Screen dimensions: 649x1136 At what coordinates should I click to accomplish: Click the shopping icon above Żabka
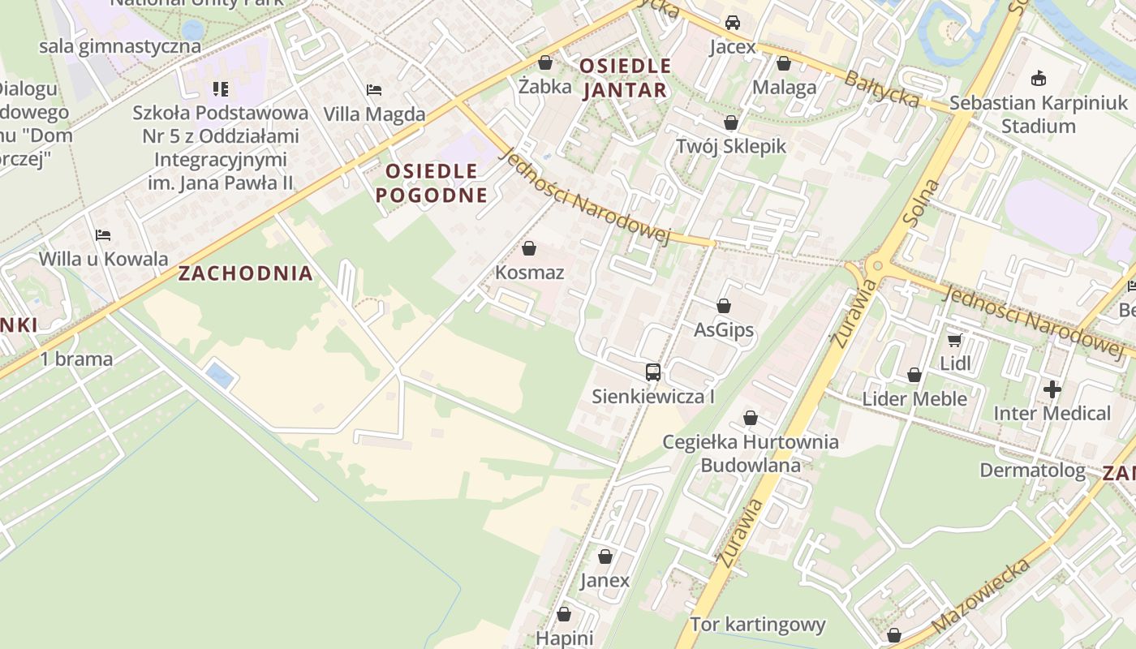(x=545, y=62)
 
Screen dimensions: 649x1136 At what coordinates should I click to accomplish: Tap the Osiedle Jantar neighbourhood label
(x=625, y=78)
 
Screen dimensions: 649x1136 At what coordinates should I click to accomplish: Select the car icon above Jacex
(x=733, y=23)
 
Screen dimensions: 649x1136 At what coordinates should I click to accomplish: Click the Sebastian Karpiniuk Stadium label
(x=1039, y=114)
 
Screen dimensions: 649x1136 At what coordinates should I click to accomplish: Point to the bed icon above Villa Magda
(x=374, y=89)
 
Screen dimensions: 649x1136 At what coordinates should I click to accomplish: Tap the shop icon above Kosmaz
(x=529, y=248)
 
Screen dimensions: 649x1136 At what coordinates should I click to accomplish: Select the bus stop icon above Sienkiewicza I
(x=653, y=372)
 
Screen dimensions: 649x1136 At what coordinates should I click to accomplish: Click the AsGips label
(x=724, y=330)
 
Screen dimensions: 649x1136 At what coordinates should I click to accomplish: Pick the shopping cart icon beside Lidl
(x=955, y=340)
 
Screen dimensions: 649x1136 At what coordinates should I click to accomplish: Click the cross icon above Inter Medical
(x=1052, y=389)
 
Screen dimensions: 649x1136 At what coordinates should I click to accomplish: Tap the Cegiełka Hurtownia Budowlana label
(x=751, y=453)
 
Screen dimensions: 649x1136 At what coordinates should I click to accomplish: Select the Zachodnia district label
(x=246, y=273)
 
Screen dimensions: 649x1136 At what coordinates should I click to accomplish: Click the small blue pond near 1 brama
(x=218, y=376)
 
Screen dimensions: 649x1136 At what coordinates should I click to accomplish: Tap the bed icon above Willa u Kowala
(x=103, y=235)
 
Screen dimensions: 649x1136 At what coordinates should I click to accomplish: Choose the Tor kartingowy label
(x=758, y=625)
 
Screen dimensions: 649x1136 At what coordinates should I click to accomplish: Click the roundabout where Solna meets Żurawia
(x=876, y=266)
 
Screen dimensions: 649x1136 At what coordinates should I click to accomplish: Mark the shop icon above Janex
(x=605, y=557)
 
